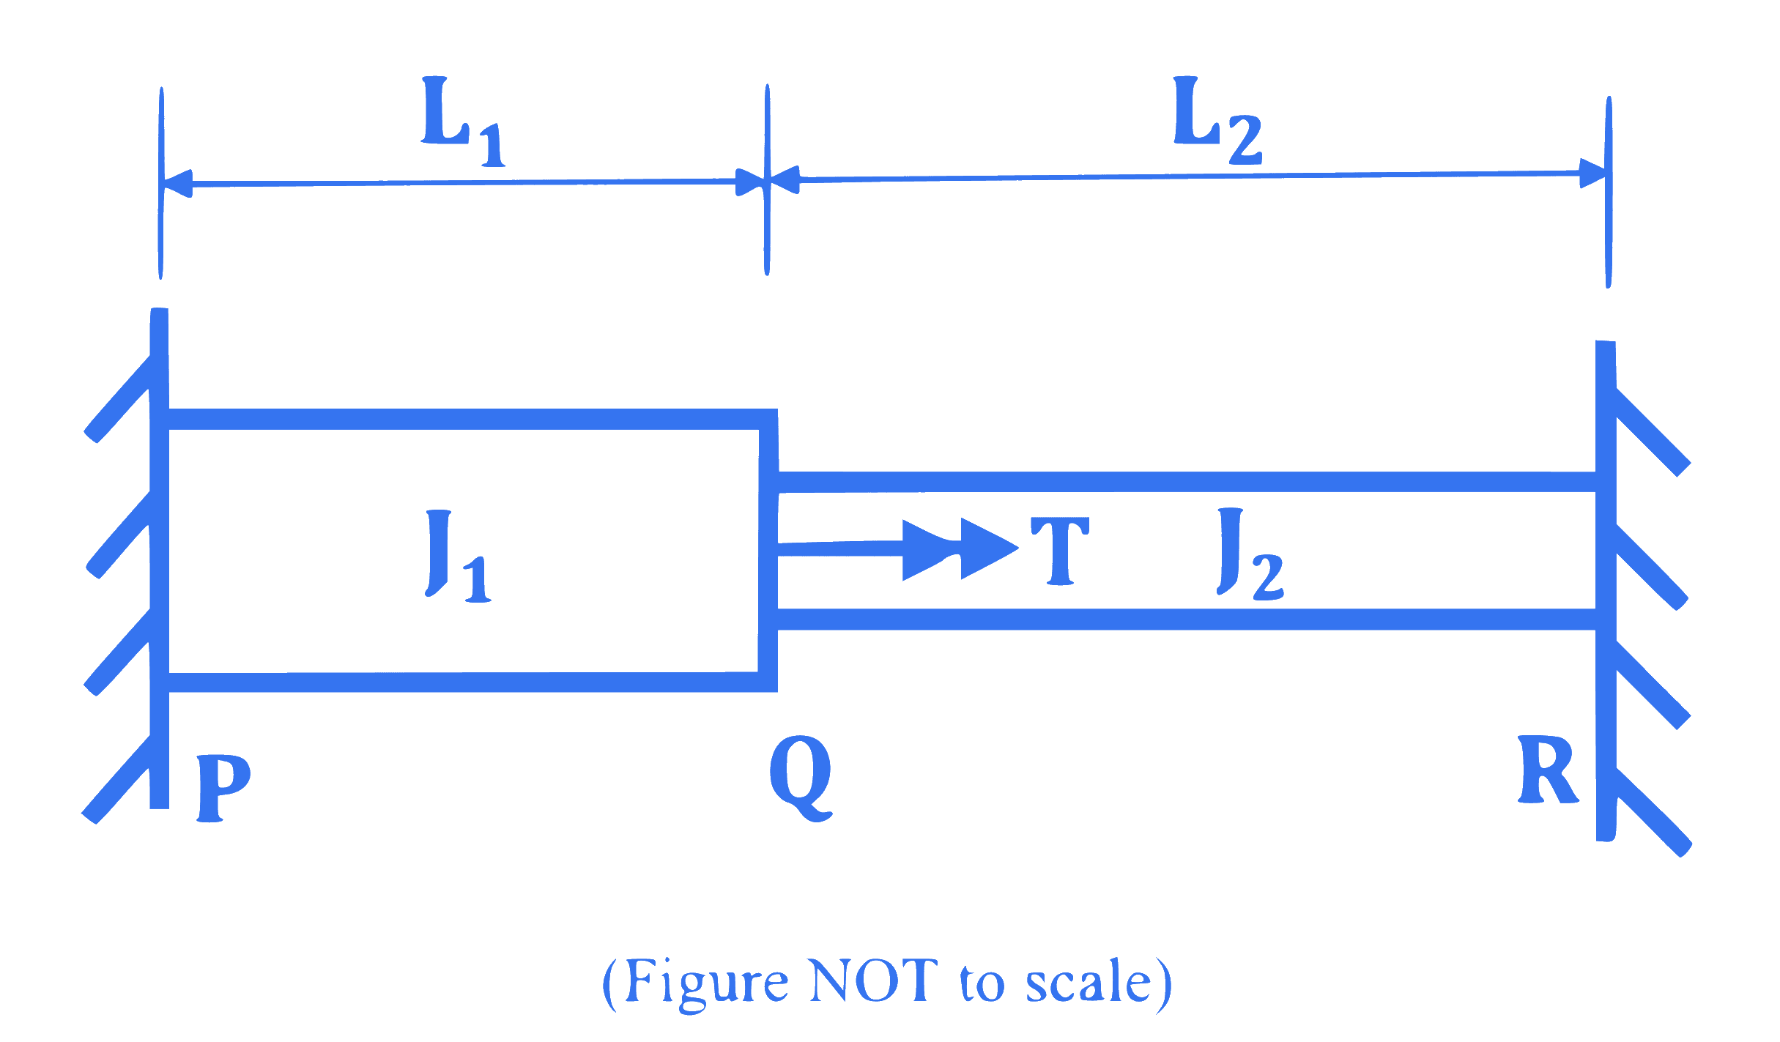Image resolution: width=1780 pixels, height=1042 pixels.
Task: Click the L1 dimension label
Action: point(463,121)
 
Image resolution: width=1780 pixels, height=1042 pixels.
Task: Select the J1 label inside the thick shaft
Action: point(458,556)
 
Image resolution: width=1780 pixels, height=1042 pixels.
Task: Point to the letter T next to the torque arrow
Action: point(1060,551)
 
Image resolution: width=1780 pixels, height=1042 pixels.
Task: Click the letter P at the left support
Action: point(223,788)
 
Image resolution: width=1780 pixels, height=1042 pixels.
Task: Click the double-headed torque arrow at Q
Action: point(898,549)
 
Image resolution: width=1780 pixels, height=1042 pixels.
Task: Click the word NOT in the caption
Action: point(874,980)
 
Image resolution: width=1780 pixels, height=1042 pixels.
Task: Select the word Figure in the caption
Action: point(708,984)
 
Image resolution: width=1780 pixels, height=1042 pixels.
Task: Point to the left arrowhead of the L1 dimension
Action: point(177,183)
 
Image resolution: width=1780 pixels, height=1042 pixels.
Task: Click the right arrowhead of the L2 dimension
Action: point(1594,174)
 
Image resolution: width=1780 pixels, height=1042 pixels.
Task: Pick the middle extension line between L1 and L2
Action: point(767,180)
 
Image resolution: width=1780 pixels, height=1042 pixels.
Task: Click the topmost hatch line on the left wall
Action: point(118,399)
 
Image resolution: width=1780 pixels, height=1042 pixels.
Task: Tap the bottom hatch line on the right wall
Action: point(1652,812)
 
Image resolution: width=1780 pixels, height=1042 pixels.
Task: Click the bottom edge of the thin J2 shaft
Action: point(1187,619)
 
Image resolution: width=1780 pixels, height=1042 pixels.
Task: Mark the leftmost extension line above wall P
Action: point(161,183)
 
